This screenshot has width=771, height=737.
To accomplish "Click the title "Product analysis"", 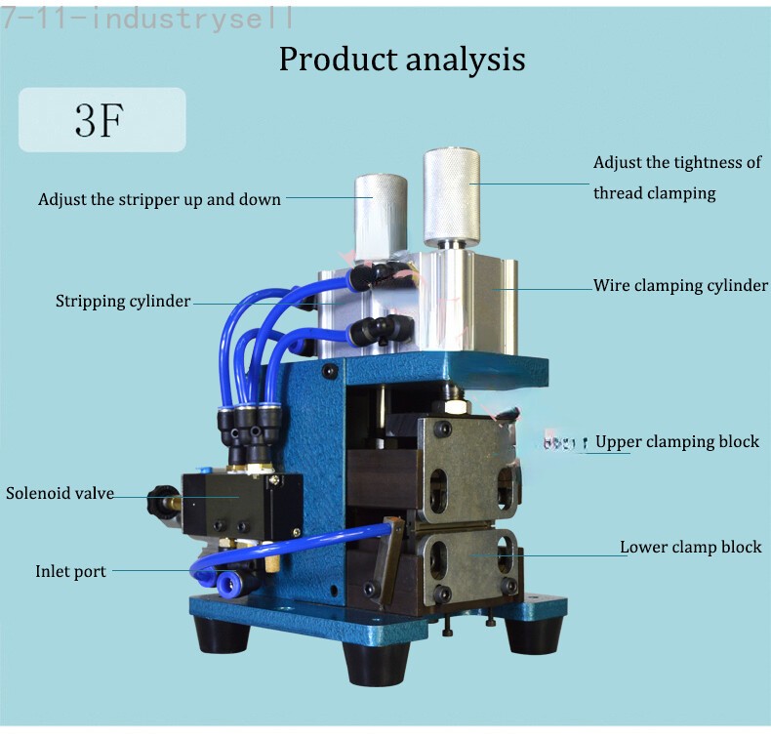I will coord(402,59).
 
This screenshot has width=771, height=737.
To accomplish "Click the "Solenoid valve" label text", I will coord(60,493).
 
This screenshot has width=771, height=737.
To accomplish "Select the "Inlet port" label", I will coord(70,571).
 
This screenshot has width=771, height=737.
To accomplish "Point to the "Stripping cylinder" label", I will coord(123,301).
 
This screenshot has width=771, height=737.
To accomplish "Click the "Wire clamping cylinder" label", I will coord(680,286).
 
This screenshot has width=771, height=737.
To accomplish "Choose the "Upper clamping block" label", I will coord(677,441).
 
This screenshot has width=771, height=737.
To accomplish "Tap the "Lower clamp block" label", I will coord(691,547).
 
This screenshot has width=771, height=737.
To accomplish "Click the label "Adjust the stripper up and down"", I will coord(159,199).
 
